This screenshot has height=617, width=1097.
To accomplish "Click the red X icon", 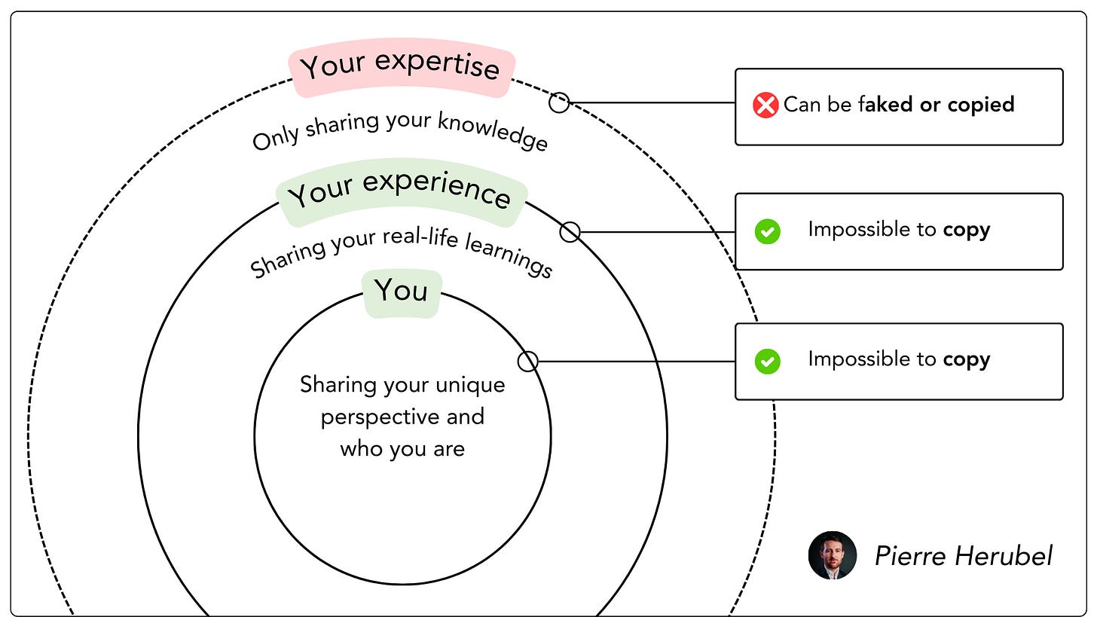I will pyautogui.click(x=765, y=105).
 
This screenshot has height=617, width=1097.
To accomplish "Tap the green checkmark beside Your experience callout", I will pyautogui.click(x=767, y=231).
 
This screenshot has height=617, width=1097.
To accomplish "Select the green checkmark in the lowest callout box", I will pyautogui.click(x=767, y=361).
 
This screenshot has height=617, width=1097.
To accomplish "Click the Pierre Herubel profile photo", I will pyautogui.click(x=833, y=555).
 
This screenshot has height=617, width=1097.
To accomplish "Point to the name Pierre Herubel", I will pyautogui.click(x=964, y=557).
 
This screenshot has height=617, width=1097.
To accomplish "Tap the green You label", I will pyautogui.click(x=401, y=291).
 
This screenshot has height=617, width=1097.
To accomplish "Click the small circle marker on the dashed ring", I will pyautogui.click(x=559, y=102).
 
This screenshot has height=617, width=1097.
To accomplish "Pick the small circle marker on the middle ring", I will pyautogui.click(x=570, y=232).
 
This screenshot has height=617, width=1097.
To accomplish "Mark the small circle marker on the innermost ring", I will pyautogui.click(x=528, y=362).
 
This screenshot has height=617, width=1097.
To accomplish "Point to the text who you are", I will pyautogui.click(x=402, y=450).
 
